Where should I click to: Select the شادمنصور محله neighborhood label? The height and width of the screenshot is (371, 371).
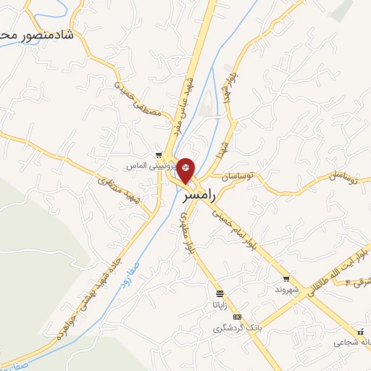click(40, 34)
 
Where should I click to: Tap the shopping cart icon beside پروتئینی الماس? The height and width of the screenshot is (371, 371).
click(159, 154)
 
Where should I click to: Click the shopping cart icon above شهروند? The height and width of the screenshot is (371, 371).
click(287, 278)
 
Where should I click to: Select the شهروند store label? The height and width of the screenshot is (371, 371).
click(287, 288)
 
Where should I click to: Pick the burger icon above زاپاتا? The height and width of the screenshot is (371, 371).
click(220, 293)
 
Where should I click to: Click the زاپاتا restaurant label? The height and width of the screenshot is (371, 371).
click(220, 305)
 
